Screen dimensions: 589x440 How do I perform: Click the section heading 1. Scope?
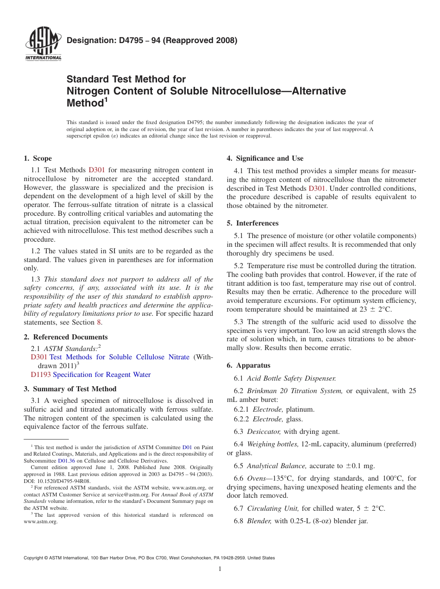[38, 158]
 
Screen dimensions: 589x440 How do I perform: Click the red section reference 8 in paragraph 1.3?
[99, 322]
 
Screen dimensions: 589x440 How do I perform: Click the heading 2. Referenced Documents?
[66, 337]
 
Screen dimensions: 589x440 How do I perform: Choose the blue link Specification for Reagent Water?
[102, 375]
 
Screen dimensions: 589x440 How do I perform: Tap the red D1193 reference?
[41, 375]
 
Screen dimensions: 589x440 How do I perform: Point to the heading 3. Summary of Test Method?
[70, 389]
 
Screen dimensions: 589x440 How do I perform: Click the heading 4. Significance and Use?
[265, 158]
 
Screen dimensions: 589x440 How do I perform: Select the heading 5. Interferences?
[252, 223]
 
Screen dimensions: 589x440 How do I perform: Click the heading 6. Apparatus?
[248, 365]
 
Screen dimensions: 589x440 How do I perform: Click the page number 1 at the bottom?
[220, 569]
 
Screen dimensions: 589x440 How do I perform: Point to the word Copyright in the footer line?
[34, 558]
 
